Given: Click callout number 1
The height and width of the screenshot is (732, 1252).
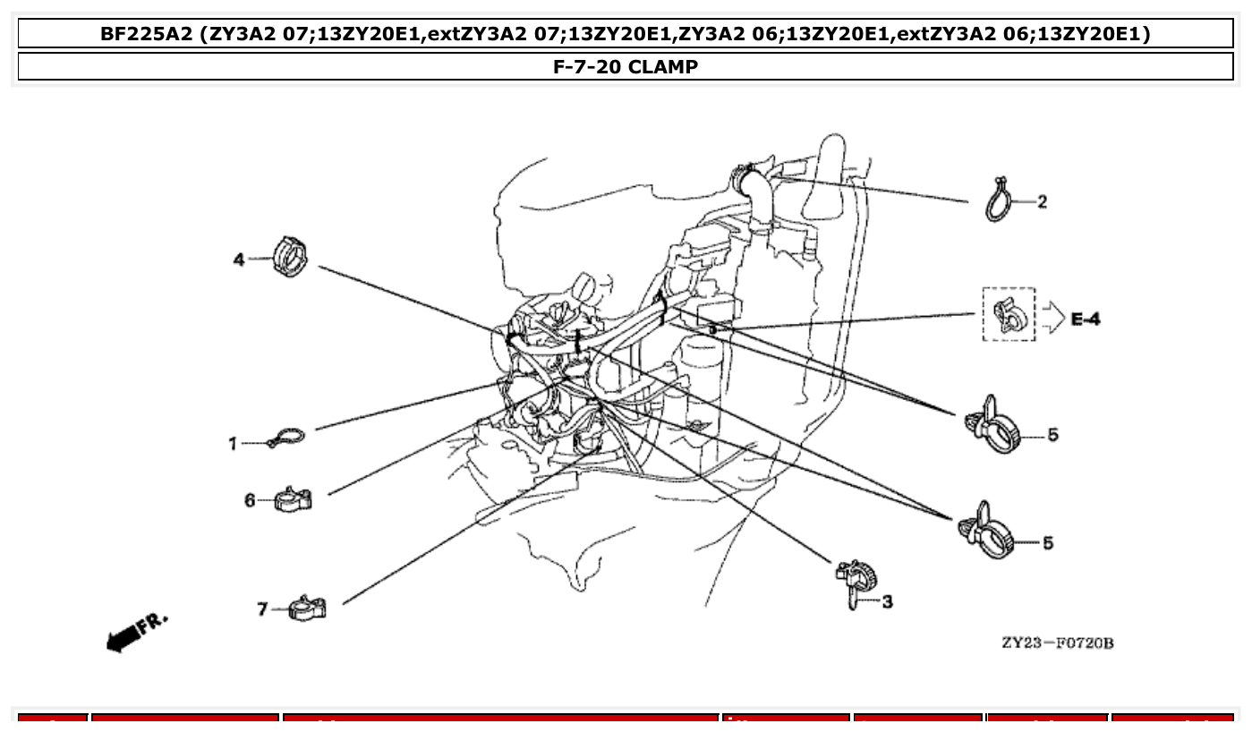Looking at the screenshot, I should [x=233, y=444].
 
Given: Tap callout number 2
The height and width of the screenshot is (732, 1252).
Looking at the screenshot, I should [x=1042, y=202].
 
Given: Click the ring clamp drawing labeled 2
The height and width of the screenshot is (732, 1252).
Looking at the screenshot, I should [x=1000, y=200].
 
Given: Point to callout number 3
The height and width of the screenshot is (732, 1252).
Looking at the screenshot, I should [x=887, y=602].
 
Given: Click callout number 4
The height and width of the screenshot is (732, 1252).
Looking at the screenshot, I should [x=239, y=260].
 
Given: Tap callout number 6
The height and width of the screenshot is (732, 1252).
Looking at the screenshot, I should [x=251, y=500].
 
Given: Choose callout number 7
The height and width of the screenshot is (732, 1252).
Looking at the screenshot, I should [x=262, y=609].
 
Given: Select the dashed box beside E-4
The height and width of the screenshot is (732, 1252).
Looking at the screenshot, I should [x=1009, y=314].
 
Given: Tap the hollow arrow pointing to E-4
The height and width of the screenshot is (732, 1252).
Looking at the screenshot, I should [x=1052, y=317].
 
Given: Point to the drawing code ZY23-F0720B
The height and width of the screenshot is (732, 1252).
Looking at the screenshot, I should [x=1057, y=643].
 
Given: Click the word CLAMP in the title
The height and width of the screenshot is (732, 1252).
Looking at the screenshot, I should [x=662, y=66].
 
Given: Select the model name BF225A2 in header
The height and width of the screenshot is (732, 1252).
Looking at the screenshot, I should [x=146, y=34].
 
